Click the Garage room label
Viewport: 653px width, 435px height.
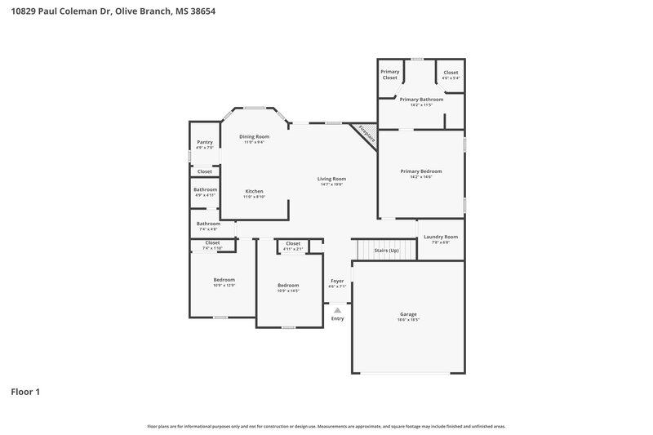pyautogui.click(x=407, y=313)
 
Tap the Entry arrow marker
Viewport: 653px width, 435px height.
pyautogui.click(x=337, y=309)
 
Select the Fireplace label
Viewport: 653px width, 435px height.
pyautogui.click(x=365, y=135)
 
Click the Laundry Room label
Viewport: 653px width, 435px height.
pyautogui.click(x=440, y=237)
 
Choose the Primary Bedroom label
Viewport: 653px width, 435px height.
pyautogui.click(x=420, y=171)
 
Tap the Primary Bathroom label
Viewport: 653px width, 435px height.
pyautogui.click(x=420, y=99)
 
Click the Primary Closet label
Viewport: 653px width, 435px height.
pyautogui.click(x=389, y=74)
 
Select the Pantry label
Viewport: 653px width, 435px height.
pyautogui.click(x=205, y=142)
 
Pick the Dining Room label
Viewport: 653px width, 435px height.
pyautogui.click(x=254, y=136)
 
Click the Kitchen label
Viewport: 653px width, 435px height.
pyautogui.click(x=254, y=191)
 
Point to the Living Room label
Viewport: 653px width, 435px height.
pyautogui.click(x=332, y=179)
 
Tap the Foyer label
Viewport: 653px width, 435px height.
pyautogui.click(x=337, y=281)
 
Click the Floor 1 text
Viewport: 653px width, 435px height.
pyautogui.click(x=25, y=392)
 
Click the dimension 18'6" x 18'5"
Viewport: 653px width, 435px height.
pyautogui.click(x=407, y=320)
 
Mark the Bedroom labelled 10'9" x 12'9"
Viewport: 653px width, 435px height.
pyautogui.click(x=224, y=280)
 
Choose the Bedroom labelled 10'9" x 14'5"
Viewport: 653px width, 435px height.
pyautogui.click(x=289, y=285)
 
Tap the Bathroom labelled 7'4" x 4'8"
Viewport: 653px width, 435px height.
pyautogui.click(x=208, y=224)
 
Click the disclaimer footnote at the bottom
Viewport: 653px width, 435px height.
pyautogui.click(x=326, y=426)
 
